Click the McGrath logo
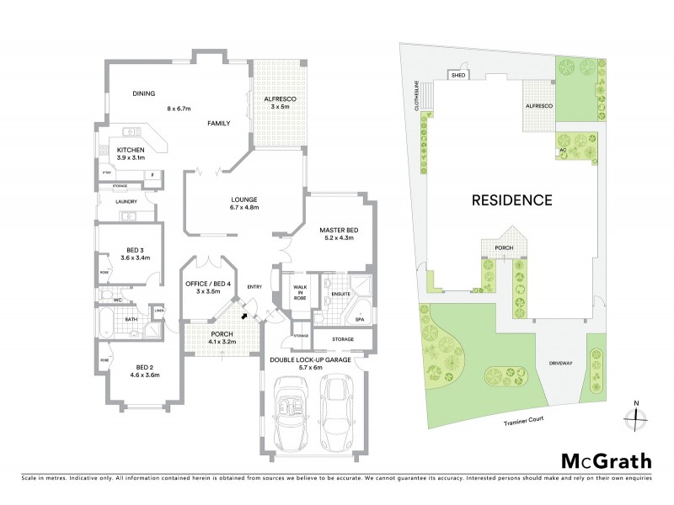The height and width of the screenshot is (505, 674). pos(606,460)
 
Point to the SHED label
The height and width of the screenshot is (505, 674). pos(458,76)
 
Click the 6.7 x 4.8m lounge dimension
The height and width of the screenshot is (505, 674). pos(244,207)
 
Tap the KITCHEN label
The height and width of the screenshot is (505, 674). pos(131,149)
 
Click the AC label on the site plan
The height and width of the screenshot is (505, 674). pos(562,151)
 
